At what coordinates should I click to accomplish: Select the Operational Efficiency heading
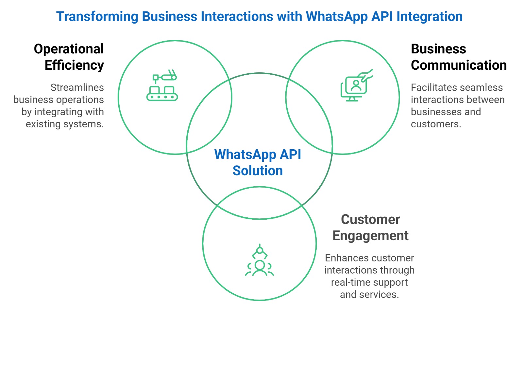pos(69,57)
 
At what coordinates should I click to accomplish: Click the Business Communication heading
pos(458,57)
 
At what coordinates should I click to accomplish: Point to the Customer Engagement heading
pos(370,228)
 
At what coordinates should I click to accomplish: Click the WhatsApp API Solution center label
pos(258,162)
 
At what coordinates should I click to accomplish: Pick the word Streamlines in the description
pos(77,87)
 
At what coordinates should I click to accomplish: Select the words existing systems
pos(65,124)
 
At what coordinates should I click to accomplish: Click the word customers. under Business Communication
pos(436,124)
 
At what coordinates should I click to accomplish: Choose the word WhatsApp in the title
pos(337,17)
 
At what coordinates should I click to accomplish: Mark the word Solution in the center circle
pos(258,171)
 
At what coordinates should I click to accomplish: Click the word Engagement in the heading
pos(370,236)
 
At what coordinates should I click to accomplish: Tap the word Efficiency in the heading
pos(74,65)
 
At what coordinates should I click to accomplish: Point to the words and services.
pos(369,294)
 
